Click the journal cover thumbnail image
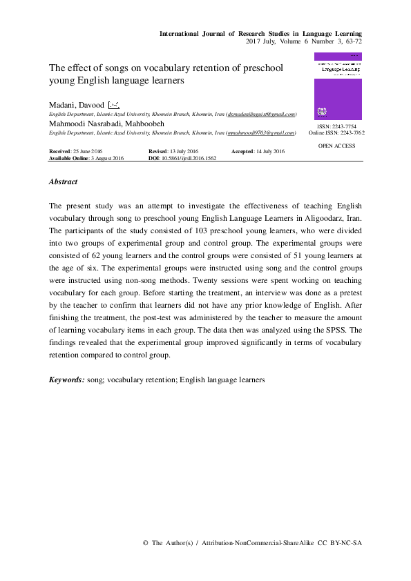pos(338,88)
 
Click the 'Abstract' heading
pos(63,182)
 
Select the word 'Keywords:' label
pos(67,380)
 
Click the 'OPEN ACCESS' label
pos(336,146)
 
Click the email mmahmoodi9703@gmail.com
pos(260,132)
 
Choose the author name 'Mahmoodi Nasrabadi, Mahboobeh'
pos(102,123)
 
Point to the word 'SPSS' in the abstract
pos(331,331)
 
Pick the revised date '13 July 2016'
pos(182,150)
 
